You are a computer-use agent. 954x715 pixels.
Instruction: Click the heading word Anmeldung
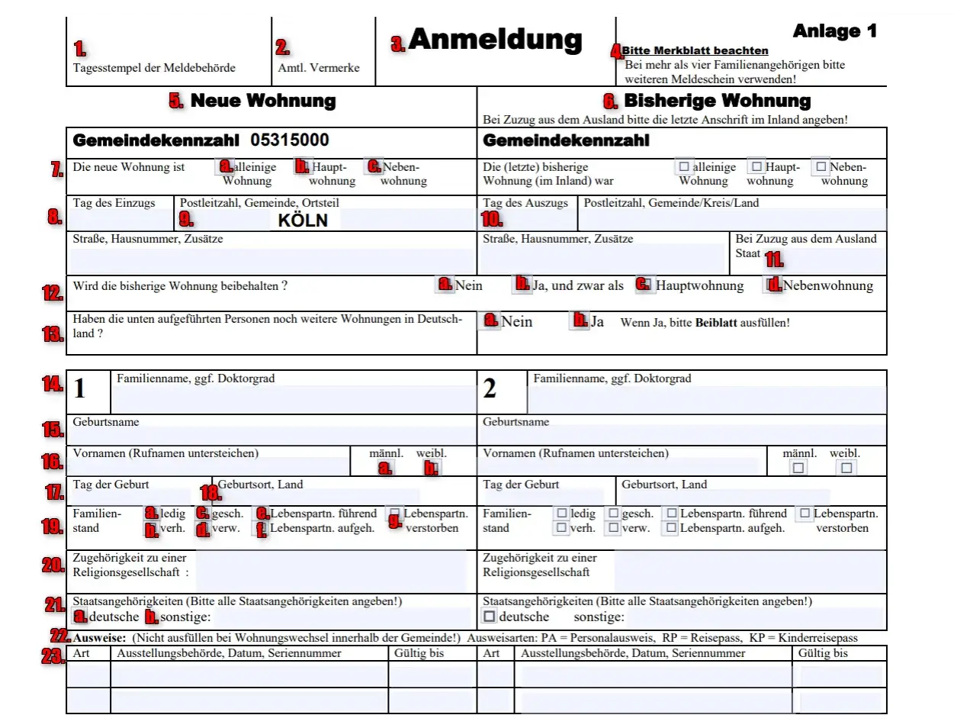(495, 40)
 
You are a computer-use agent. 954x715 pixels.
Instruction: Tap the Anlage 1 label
(835, 31)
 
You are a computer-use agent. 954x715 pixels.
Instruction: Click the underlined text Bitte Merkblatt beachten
(695, 51)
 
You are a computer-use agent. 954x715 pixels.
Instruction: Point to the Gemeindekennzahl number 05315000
(291, 140)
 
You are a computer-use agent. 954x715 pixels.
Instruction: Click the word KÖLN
(303, 221)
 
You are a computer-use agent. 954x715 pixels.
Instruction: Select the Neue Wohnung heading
(262, 101)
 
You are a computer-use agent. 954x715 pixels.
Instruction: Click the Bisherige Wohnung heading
(717, 101)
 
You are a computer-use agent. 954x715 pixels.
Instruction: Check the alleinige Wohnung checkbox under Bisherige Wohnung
(684, 166)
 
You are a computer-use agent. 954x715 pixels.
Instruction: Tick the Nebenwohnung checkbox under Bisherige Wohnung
(821, 166)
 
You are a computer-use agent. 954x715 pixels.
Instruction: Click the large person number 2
(490, 388)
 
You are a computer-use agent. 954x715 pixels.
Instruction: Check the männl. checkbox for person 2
(798, 468)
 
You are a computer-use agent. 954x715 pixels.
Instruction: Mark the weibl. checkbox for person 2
(847, 468)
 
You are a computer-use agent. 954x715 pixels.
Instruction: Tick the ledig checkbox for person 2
(562, 514)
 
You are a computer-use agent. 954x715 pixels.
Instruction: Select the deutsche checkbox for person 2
(490, 616)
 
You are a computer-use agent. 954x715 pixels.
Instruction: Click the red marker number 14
(52, 383)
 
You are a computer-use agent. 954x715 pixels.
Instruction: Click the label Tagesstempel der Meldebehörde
(154, 68)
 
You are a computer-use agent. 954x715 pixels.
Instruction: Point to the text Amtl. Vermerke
(319, 68)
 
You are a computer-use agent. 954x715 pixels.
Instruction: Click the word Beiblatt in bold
(715, 323)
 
